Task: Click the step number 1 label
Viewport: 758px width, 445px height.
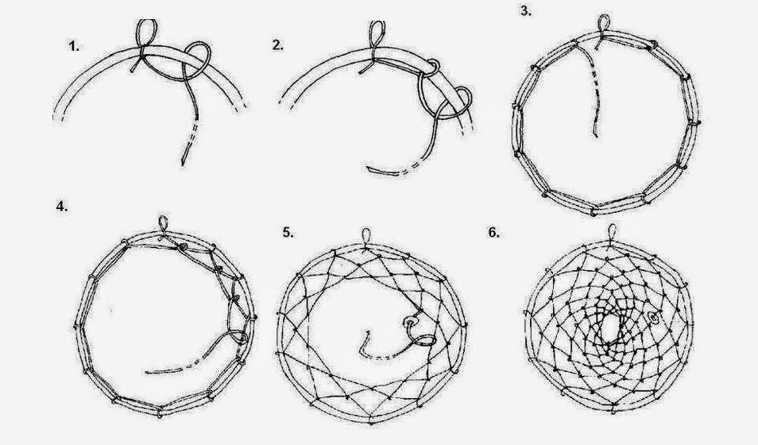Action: [74, 46]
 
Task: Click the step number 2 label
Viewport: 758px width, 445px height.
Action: [278, 45]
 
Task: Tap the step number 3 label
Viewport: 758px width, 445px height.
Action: [526, 11]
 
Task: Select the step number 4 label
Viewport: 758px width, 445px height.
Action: [62, 207]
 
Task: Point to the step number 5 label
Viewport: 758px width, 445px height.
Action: [288, 232]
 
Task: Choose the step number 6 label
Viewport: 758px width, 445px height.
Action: [493, 233]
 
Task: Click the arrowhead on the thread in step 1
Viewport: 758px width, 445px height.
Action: [184, 161]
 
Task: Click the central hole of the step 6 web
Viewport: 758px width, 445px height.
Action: [609, 330]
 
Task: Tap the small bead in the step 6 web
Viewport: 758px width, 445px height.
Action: [654, 318]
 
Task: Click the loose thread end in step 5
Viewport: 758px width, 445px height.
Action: [368, 333]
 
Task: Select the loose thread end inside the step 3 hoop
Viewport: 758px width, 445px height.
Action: [596, 134]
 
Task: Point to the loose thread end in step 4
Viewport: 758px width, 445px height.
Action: [147, 372]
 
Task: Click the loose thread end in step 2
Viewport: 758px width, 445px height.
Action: [369, 168]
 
